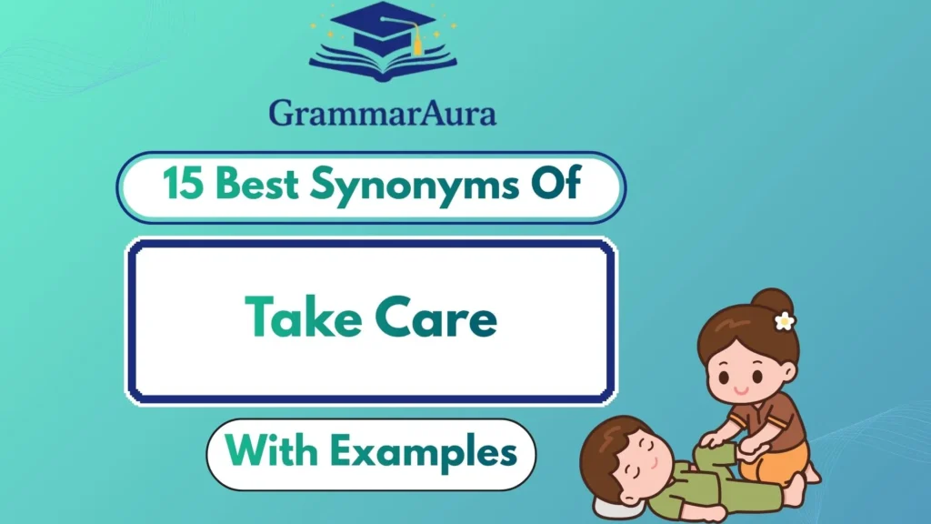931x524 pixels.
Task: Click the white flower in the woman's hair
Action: pos(784,320)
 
